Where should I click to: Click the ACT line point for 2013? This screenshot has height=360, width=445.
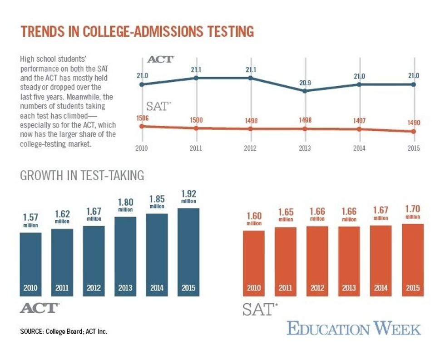[305, 91]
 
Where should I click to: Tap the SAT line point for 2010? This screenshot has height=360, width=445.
[142, 126]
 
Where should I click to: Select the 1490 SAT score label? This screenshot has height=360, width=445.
[413, 123]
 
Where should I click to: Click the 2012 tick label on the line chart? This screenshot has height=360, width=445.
[250, 148]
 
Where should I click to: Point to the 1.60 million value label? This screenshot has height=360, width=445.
[254, 217]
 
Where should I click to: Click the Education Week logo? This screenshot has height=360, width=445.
[354, 328]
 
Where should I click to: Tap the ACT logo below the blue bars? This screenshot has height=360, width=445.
[40, 308]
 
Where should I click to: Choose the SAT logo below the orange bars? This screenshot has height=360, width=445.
[259, 309]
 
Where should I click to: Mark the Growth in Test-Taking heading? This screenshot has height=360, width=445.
[82, 175]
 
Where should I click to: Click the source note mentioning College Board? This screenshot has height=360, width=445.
[64, 331]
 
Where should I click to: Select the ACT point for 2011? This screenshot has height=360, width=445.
[196, 78]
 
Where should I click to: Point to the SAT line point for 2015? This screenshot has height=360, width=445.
[413, 132]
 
